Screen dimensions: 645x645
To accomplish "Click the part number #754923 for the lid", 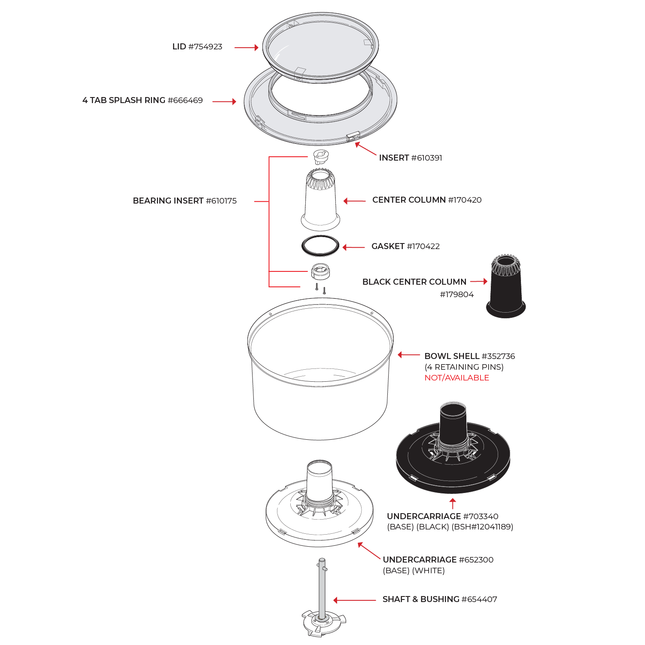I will click(205, 47).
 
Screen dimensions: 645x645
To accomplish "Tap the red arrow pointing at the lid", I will click(246, 48).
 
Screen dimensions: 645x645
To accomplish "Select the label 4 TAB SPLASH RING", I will click(124, 100).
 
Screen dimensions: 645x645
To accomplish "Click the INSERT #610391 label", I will click(410, 158).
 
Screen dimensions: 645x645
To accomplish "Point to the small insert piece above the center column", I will click(320, 157).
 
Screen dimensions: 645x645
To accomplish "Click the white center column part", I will click(320, 200).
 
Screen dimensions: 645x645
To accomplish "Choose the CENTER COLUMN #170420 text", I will click(426, 200).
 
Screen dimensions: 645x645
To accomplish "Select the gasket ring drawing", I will click(320, 246).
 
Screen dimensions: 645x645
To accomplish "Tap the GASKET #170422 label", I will click(405, 246).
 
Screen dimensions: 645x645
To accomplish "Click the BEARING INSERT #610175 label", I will click(185, 201).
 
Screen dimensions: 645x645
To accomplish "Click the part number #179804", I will click(456, 295).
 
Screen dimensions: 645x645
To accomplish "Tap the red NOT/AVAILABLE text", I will click(456, 378).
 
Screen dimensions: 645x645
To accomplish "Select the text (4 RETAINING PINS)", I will click(464, 367).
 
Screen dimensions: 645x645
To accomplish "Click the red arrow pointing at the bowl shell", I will click(408, 355).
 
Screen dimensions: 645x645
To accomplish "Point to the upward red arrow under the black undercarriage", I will click(452, 503).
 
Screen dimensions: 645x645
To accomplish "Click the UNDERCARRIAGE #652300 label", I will click(438, 560).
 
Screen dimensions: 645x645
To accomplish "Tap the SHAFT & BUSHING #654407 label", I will click(439, 599).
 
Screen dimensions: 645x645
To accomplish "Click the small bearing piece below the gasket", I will click(320, 271).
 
